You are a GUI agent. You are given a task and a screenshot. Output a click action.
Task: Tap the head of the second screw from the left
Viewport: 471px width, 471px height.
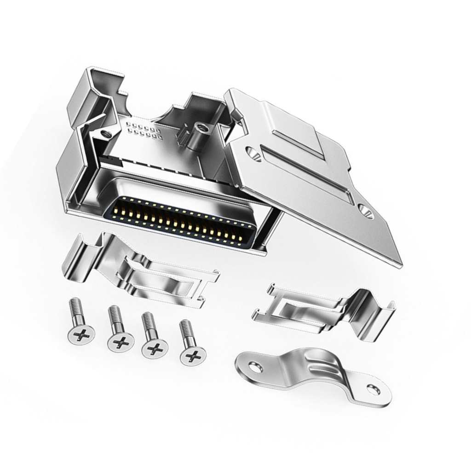click(121, 342)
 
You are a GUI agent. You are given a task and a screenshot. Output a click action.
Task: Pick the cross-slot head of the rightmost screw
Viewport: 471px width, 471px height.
click(193, 355)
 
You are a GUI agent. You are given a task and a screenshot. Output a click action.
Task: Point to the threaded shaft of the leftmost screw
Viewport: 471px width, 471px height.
click(75, 309)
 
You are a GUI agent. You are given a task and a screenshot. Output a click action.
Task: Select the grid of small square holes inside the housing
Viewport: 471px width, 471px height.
click(144, 131)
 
